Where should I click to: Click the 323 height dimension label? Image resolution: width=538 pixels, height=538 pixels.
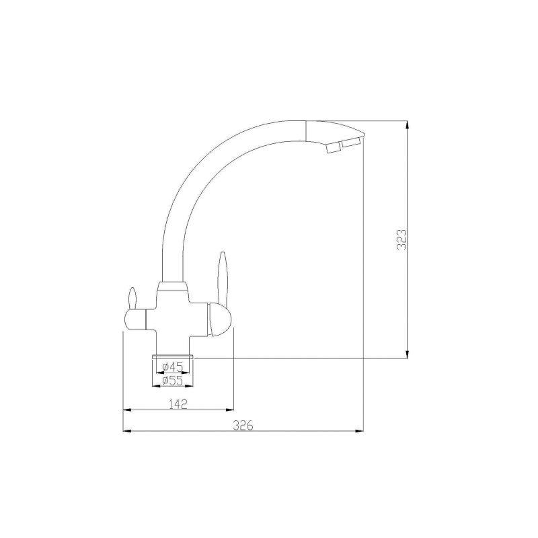(x=401, y=239)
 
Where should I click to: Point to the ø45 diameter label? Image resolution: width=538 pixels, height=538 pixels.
(x=173, y=367)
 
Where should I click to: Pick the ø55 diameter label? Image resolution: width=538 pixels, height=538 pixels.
(x=173, y=381)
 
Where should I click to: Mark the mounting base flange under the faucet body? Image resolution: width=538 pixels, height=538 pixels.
(x=174, y=356)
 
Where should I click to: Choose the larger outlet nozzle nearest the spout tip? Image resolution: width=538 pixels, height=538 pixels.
(x=350, y=143)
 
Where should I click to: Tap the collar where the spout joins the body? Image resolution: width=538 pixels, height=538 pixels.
(x=173, y=287)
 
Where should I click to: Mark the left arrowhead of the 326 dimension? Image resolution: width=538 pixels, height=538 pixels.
(x=126, y=430)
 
